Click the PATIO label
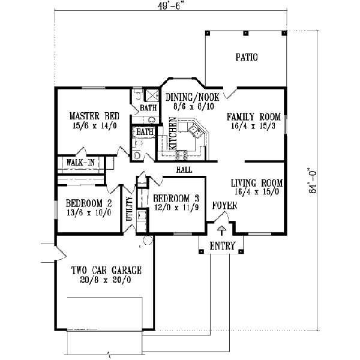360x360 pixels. (x=246, y=58)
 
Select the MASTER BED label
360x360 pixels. (x=94, y=116)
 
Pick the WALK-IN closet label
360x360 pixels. (x=80, y=163)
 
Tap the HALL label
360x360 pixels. (x=184, y=170)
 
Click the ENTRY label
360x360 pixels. (x=221, y=245)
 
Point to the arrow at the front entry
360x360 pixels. (x=221, y=230)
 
